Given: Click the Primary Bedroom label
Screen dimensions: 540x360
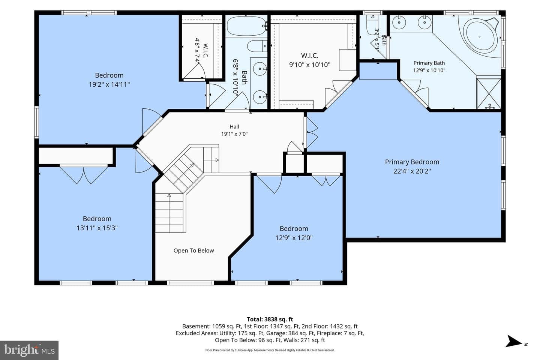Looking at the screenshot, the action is tap(412, 162).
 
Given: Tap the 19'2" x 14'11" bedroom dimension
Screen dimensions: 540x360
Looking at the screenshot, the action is tap(109, 84).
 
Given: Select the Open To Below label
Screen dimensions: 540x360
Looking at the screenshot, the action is tap(193, 250).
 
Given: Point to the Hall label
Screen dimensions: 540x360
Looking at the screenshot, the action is tap(234, 127).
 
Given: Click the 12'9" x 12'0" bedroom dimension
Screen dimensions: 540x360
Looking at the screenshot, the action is tap(294, 238).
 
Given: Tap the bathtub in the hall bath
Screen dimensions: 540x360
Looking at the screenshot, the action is tap(246, 26).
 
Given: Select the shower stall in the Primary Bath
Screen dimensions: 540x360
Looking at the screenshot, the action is tap(489, 93).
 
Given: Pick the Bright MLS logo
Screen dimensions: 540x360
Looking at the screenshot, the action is tap(29, 350).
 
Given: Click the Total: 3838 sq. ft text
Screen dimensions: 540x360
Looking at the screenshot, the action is tap(270, 319).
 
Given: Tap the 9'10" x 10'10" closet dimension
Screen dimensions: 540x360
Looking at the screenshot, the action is tap(309, 64).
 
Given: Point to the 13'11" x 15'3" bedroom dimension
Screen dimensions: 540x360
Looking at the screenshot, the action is tap(97, 228).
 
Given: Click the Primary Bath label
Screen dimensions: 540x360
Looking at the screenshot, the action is tap(429, 63).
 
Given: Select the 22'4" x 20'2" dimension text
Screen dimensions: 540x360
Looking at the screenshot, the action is tap(412, 171).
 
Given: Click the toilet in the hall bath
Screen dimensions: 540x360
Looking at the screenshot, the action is tap(257, 46).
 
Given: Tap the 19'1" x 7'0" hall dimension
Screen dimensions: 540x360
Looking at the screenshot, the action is tap(234, 134).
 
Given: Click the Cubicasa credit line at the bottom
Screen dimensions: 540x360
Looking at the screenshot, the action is tap(270, 350).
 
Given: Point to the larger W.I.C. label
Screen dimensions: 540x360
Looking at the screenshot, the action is tap(309, 55).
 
